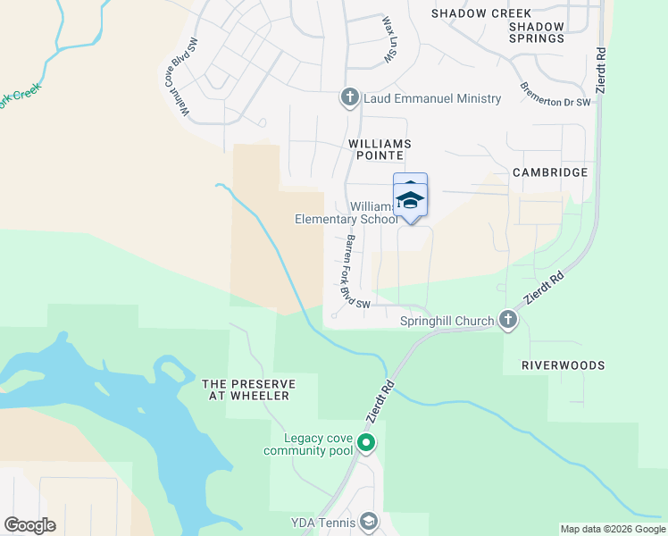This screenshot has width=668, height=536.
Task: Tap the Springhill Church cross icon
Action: [x=508, y=321]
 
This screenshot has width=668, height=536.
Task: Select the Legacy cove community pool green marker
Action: [x=365, y=443]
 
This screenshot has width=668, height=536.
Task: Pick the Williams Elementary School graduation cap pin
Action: [x=410, y=197]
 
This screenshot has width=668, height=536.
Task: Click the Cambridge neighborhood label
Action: [x=550, y=172]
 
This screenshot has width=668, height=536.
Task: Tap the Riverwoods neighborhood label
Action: [x=563, y=365]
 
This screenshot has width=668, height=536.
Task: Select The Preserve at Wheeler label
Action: [x=247, y=389]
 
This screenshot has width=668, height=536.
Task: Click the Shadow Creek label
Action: [x=481, y=13]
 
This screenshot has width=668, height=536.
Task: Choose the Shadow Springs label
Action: [x=537, y=33]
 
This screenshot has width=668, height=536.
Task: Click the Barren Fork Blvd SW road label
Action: [x=353, y=272]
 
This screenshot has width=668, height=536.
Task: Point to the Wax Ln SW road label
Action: [x=388, y=38]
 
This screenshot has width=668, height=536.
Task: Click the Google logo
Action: [x=29, y=525]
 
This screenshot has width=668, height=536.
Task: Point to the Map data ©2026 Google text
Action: [x=612, y=529]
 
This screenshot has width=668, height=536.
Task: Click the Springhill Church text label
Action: [x=447, y=321]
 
